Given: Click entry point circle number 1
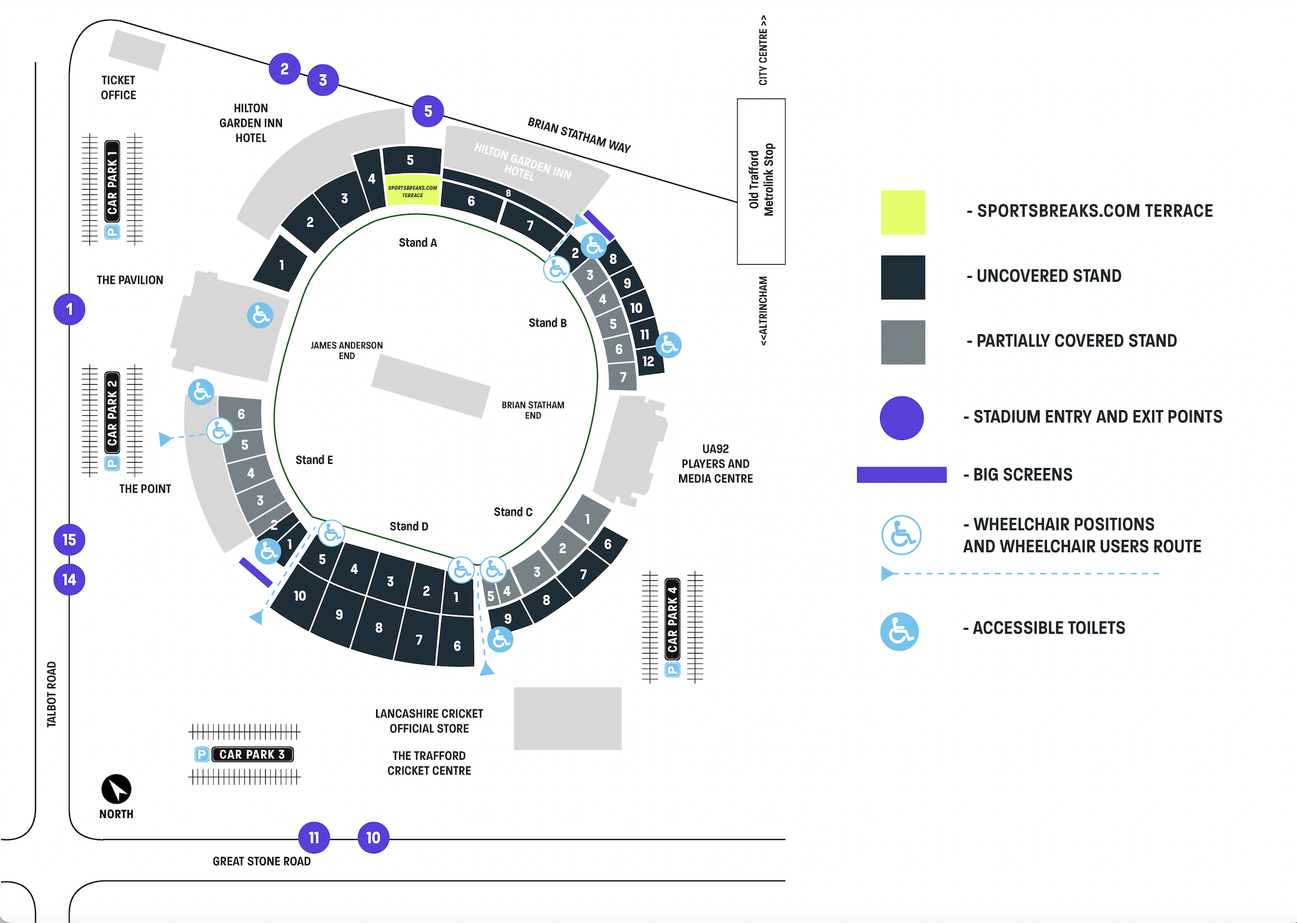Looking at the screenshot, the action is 70,310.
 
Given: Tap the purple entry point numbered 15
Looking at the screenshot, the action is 70,540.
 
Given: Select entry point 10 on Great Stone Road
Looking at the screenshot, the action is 373,838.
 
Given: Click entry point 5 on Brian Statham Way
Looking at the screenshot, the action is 428,111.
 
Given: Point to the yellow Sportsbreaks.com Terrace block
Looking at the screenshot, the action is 413,191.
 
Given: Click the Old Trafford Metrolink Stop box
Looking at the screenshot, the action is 761,181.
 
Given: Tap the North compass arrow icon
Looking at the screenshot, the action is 116,789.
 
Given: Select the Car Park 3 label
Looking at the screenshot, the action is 253,754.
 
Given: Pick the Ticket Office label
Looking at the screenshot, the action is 118,88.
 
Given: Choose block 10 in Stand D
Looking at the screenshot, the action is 299,596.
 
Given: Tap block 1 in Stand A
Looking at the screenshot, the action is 281,265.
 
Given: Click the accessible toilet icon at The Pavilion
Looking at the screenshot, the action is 260,315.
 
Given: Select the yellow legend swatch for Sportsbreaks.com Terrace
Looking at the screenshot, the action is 903,212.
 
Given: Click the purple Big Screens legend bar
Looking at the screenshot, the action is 902,475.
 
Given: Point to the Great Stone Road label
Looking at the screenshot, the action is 262,861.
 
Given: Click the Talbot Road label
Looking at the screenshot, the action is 52,694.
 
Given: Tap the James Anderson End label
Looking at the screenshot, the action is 347,350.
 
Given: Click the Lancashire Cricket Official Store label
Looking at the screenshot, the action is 429,721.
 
